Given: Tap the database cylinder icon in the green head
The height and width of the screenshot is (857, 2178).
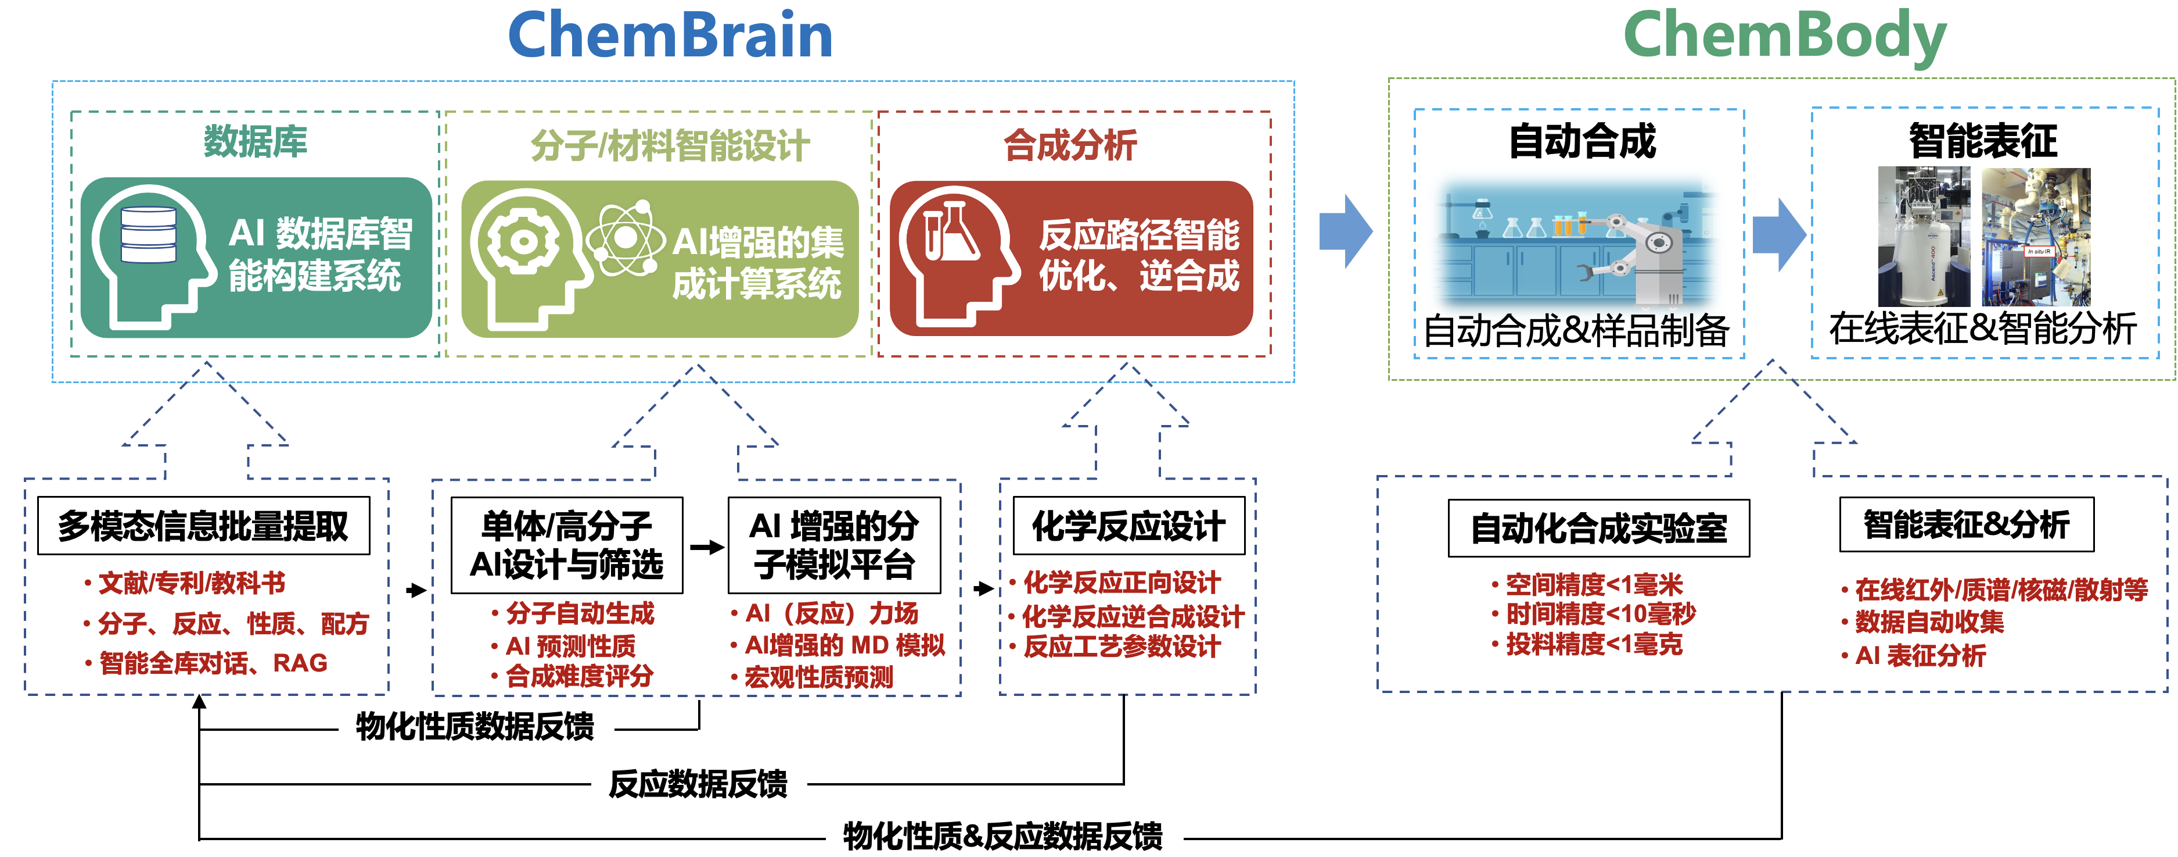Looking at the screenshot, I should click(149, 235).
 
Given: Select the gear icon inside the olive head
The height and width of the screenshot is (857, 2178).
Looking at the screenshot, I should click(523, 242).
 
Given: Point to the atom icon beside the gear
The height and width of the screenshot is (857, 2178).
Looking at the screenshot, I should click(626, 238).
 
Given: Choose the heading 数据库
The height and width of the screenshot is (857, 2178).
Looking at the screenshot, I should click(256, 141).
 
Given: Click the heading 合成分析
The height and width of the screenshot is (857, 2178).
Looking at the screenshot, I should click(1070, 145).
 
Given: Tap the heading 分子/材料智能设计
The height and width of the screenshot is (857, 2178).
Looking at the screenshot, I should click(670, 145).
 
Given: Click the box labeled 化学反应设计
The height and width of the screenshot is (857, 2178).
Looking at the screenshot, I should click(1128, 526).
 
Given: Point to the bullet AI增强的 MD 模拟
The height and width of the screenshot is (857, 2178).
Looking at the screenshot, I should click(844, 645).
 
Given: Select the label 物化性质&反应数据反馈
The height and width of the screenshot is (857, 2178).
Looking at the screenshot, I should click(1003, 836).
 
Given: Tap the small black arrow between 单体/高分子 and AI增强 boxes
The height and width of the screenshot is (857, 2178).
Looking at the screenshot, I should click(706, 547).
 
